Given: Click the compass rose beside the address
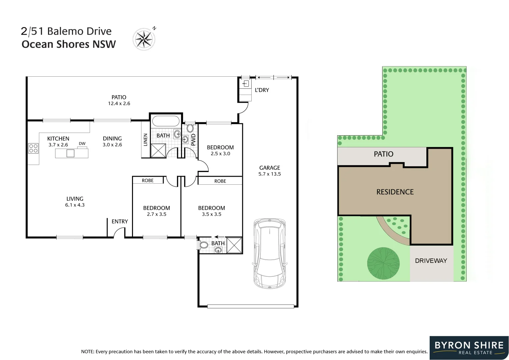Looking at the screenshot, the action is coord(144,39).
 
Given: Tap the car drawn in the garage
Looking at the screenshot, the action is coord(269,253).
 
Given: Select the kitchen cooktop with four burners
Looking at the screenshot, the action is coord(33,148).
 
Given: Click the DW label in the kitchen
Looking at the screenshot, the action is coord(82,143).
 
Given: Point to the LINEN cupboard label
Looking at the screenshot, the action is coord(145,140).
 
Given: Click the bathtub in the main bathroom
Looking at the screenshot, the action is coord(166,121).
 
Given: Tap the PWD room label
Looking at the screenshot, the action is coord(193,140).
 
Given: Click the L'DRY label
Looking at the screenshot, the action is coord(262,90).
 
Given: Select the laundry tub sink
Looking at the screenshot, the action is coord(245,84).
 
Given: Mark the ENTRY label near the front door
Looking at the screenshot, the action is coord(120,221).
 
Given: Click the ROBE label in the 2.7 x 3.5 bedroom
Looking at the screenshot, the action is coord(148,180).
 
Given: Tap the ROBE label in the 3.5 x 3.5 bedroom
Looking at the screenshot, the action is coord(220,181).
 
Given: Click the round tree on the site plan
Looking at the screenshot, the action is coord(383,263).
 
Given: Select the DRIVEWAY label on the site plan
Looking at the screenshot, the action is coord(431,261).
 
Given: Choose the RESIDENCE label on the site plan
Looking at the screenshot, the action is coord(395,192).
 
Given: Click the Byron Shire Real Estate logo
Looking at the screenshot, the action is coord(469,348).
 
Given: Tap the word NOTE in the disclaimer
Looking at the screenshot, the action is coord(87,352).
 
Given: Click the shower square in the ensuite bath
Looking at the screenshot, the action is coord(234,245).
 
